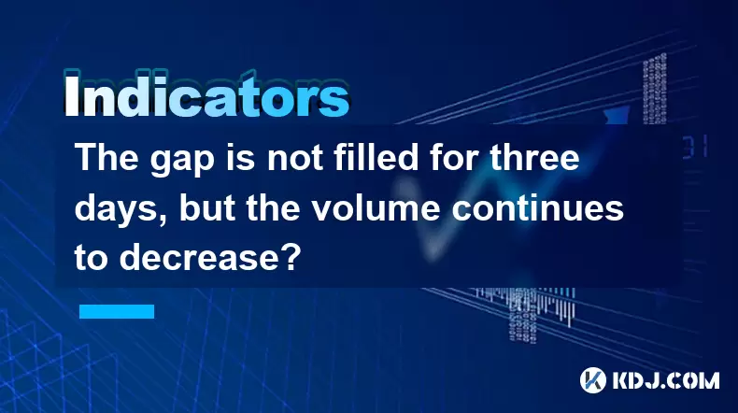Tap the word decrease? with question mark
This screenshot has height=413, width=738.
pos(210,258)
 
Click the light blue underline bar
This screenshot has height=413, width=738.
pos(117,311)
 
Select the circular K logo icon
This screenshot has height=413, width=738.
pos(592,380)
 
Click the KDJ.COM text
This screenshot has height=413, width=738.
pos(665,380)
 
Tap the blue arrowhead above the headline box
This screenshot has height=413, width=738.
pos(617,114)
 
